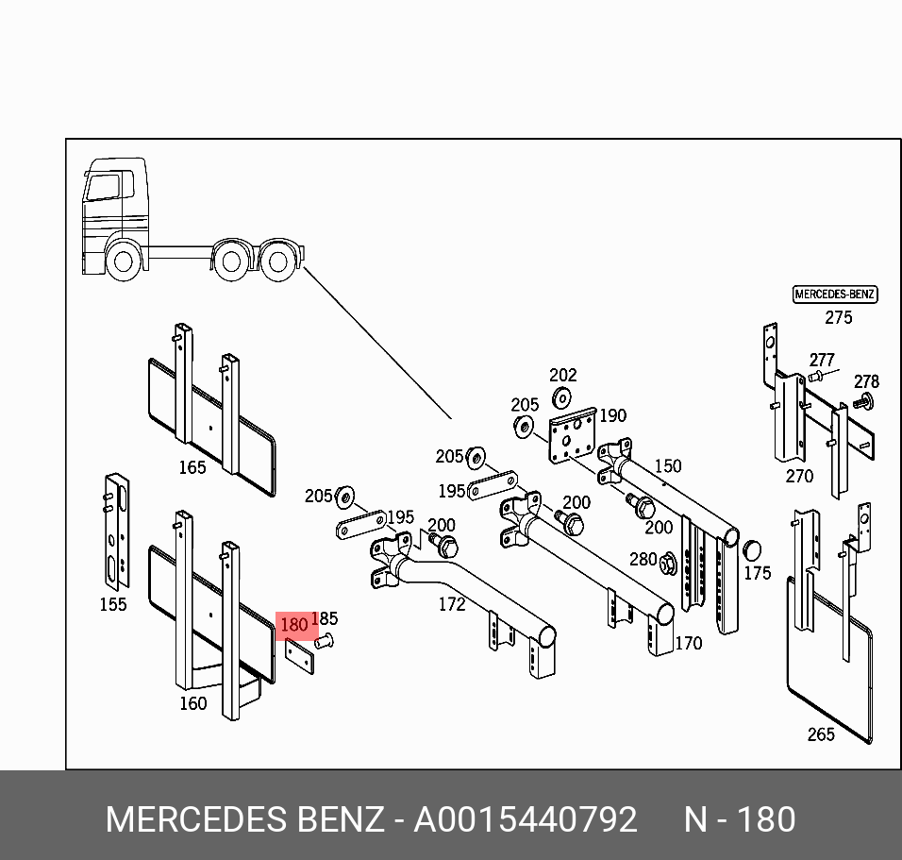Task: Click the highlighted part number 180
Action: click(x=294, y=625)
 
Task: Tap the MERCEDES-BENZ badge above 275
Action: click(x=835, y=295)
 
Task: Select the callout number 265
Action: click(x=821, y=734)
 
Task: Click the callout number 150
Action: click(x=667, y=465)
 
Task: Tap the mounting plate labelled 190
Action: click(x=574, y=437)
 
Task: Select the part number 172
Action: click(x=452, y=604)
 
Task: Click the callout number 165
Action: click(x=192, y=467)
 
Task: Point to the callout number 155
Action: click(x=113, y=604)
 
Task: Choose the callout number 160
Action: click(x=192, y=702)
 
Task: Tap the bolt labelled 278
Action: click(x=862, y=403)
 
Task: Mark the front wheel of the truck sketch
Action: click(x=123, y=261)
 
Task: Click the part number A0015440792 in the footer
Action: click(x=526, y=819)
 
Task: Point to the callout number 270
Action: click(x=799, y=476)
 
